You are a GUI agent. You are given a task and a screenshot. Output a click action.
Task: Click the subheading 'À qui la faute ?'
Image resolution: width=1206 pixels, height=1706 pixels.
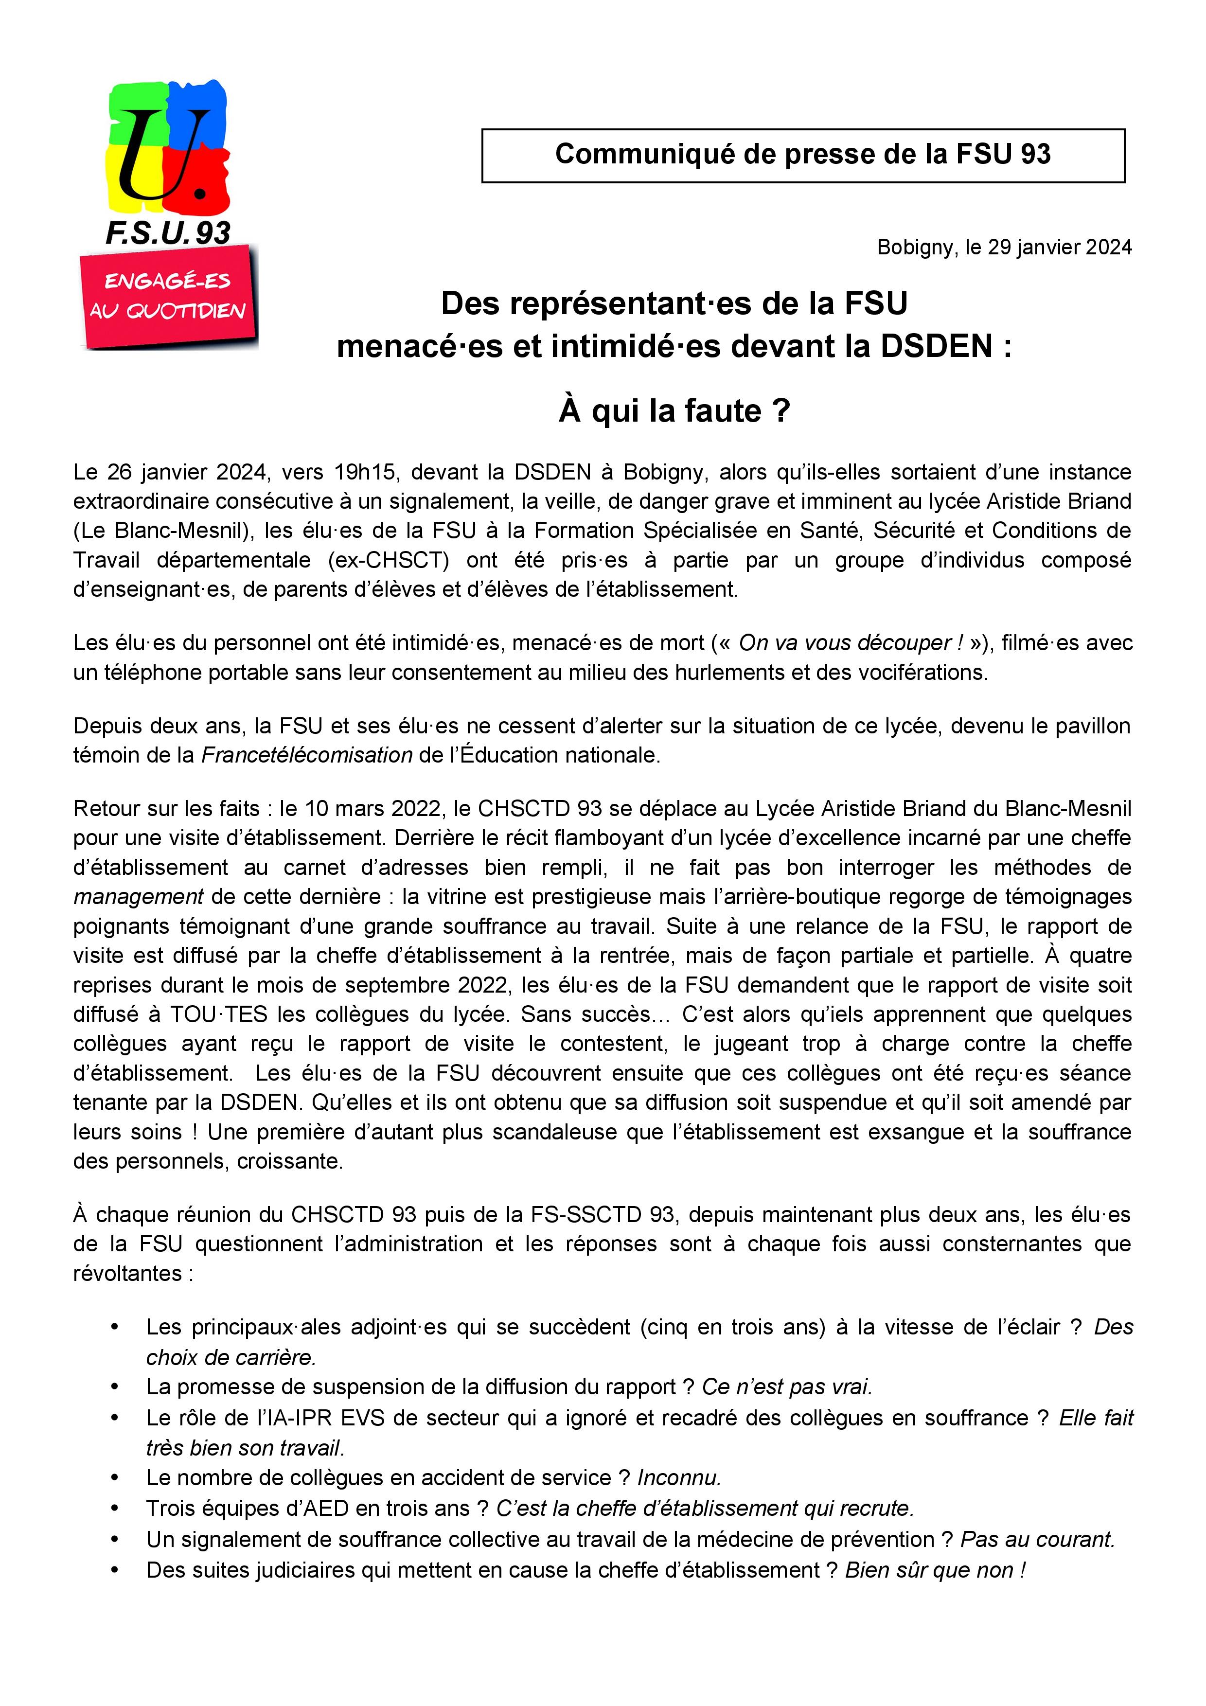click(674, 411)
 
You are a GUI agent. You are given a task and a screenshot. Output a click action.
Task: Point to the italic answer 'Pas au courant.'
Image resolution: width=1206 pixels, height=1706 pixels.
click(1037, 1540)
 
